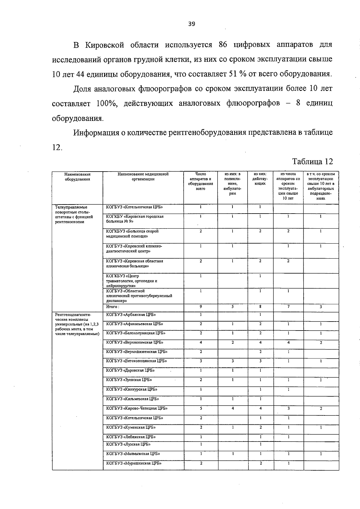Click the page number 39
coord(191,24)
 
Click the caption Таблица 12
coord(313,161)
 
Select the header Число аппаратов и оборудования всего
coord(200,181)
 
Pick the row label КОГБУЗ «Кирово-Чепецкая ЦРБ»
coord(137,408)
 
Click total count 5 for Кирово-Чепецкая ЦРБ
coord(201,408)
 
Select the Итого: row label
coord(113,307)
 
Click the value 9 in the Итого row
coord(201,307)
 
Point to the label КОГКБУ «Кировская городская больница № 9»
coord(135,219)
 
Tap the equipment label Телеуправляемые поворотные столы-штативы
coord(74,214)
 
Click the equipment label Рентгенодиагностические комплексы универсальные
coord(77,324)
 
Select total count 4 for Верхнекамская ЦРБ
coord(201,342)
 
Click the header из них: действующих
coord(260,179)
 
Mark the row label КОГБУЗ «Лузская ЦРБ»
coord(128,444)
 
